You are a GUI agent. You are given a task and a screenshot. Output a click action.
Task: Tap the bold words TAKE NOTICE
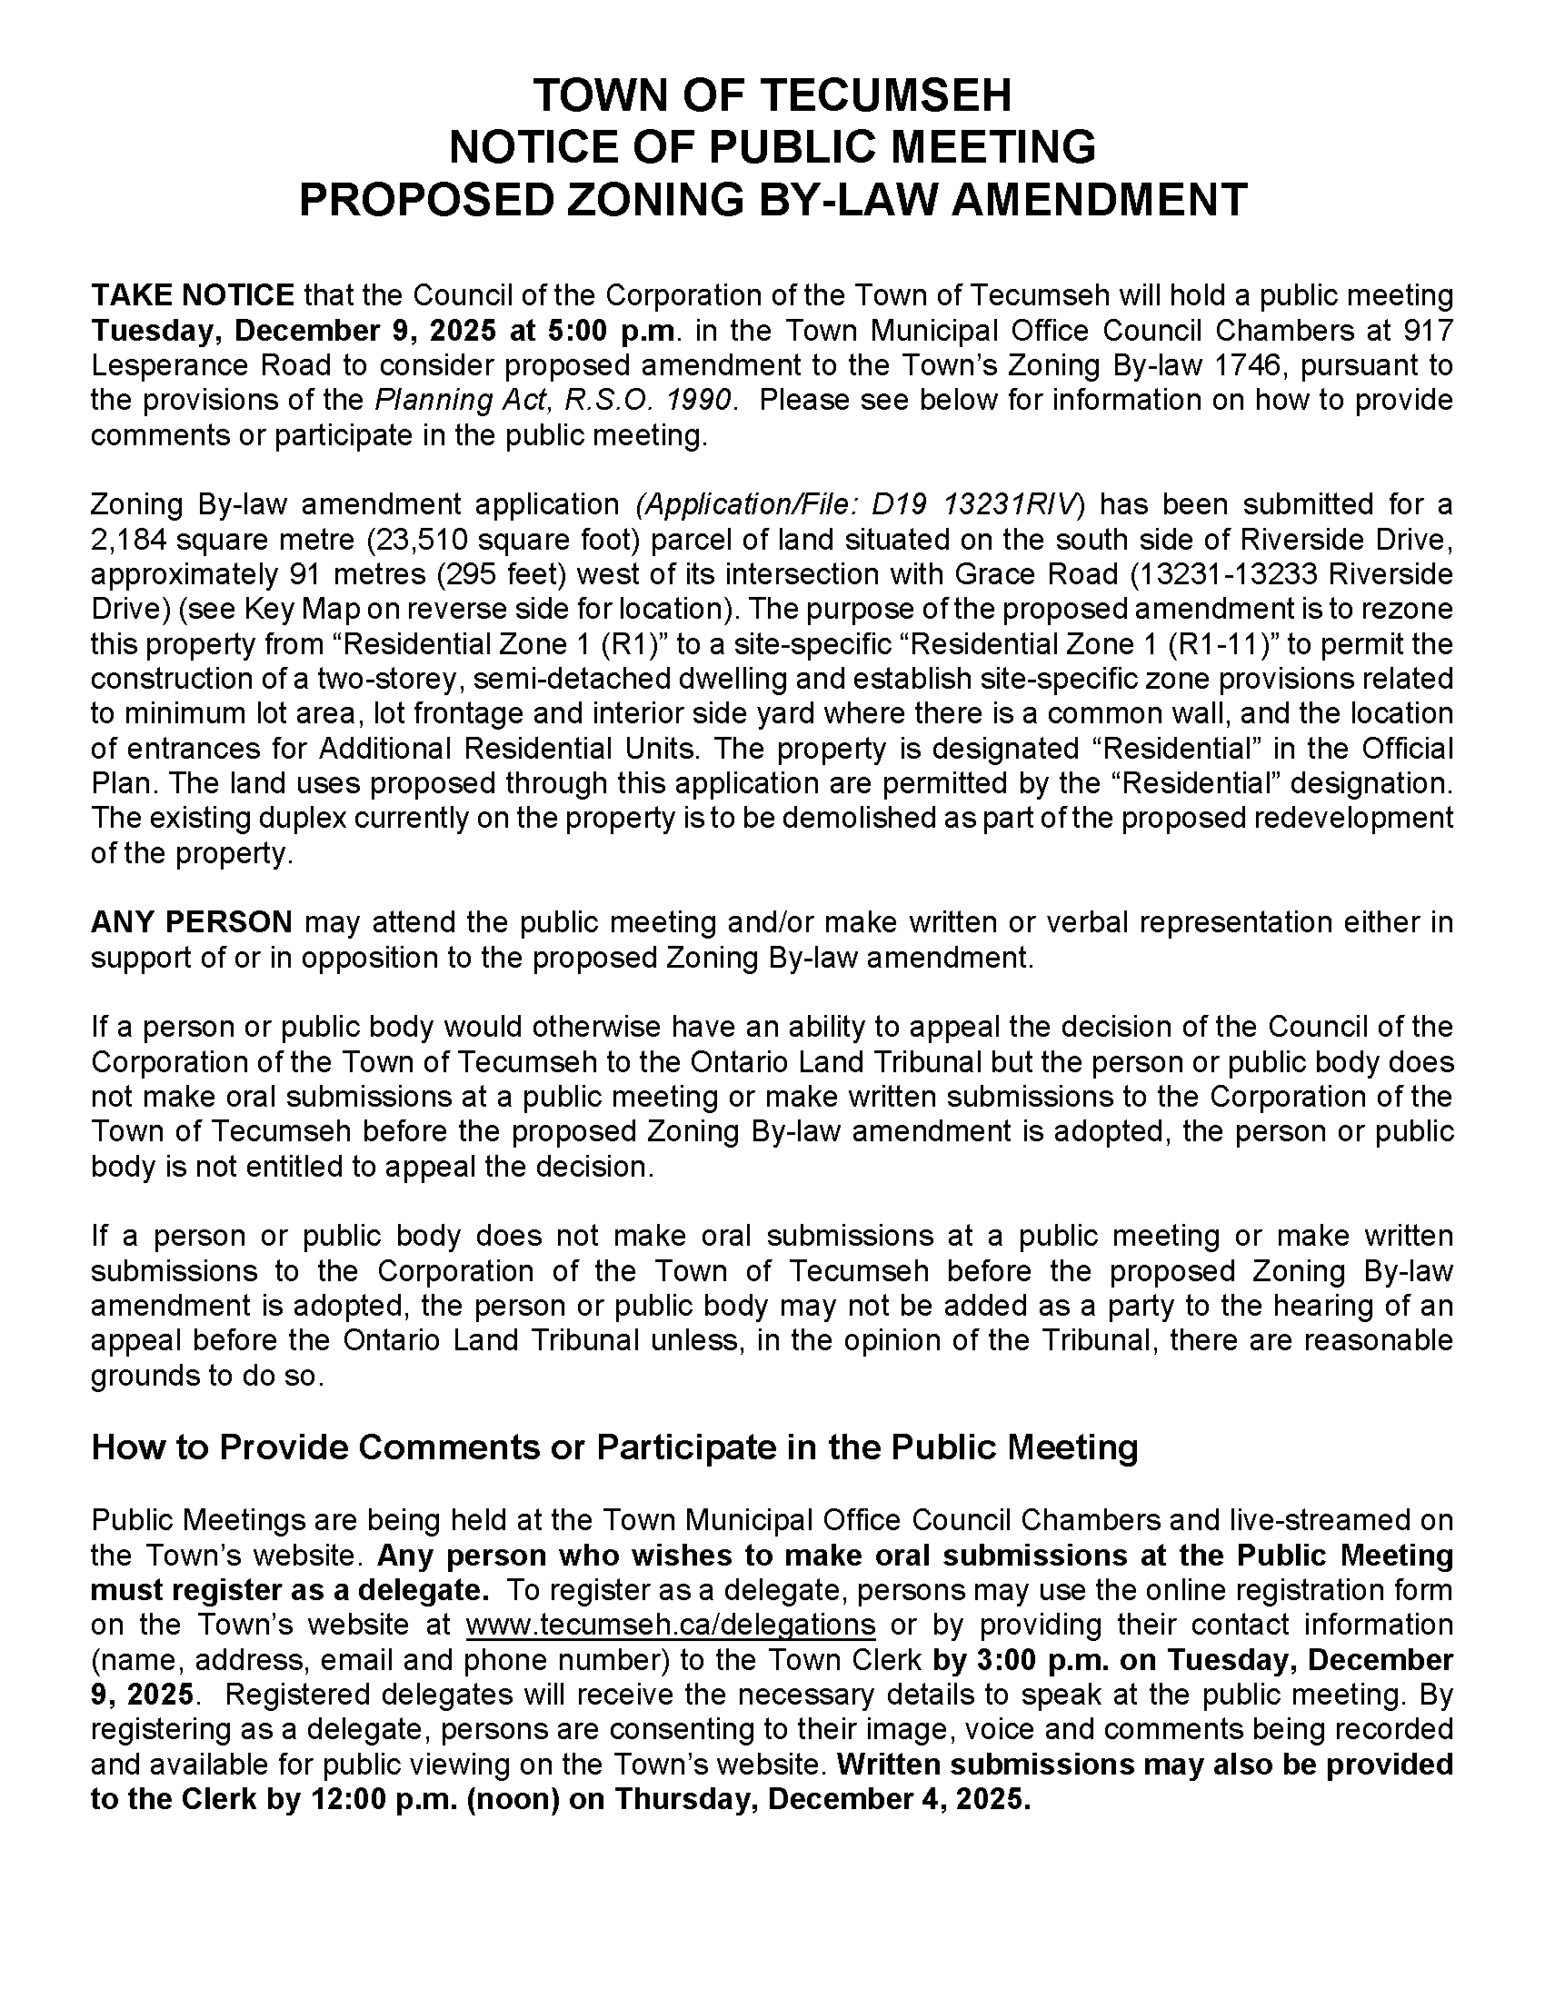192,295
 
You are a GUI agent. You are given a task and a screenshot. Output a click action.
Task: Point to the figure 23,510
421,539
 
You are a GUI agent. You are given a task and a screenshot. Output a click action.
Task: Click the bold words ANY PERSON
191,921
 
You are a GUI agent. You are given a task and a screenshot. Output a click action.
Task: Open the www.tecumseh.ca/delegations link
670,1625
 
